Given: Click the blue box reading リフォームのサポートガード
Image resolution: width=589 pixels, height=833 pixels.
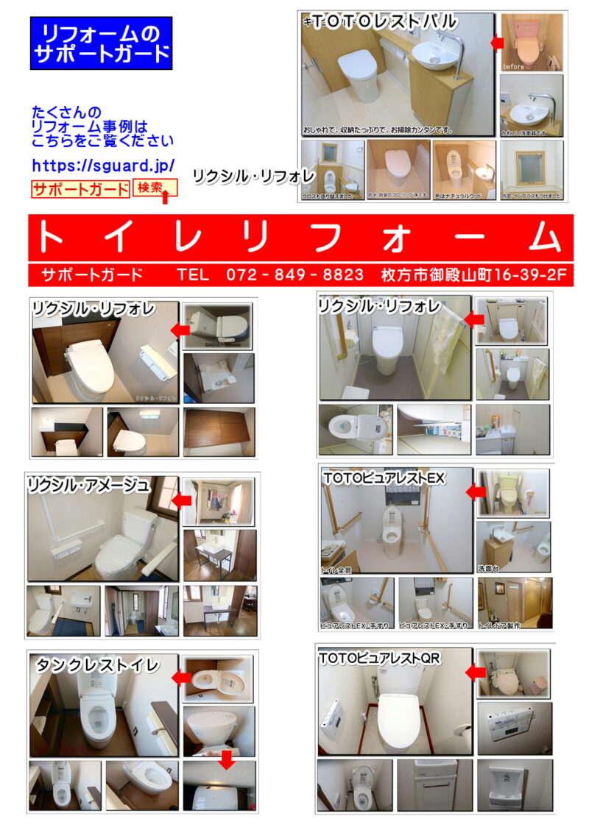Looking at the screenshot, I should point(101,43).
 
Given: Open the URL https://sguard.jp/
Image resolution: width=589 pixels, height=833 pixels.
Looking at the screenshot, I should point(103,166).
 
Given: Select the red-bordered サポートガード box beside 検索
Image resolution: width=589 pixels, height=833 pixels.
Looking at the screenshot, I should point(80,189).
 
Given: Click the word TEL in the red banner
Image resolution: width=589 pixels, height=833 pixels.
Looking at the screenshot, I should point(193,275).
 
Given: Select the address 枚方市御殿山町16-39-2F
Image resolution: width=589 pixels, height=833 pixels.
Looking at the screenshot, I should point(474,275).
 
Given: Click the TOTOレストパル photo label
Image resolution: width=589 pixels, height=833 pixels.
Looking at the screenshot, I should point(381,22).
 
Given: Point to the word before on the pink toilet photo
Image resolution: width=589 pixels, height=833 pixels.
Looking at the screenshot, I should point(513,66).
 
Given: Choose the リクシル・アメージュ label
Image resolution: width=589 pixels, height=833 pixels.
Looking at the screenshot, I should point(88,485).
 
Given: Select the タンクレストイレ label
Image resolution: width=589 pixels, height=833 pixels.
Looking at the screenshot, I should point(97,665).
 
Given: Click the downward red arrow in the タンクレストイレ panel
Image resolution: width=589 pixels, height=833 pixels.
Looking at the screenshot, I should point(227,760).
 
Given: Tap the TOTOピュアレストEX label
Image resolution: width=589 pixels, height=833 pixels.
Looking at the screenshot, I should point(384,478).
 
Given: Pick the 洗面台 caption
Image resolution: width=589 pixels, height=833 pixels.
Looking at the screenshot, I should point(489,568).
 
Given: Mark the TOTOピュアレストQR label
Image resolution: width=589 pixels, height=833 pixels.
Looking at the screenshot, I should point(380,659).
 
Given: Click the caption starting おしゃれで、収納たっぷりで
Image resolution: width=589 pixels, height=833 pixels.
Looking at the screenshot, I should point(378,130).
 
